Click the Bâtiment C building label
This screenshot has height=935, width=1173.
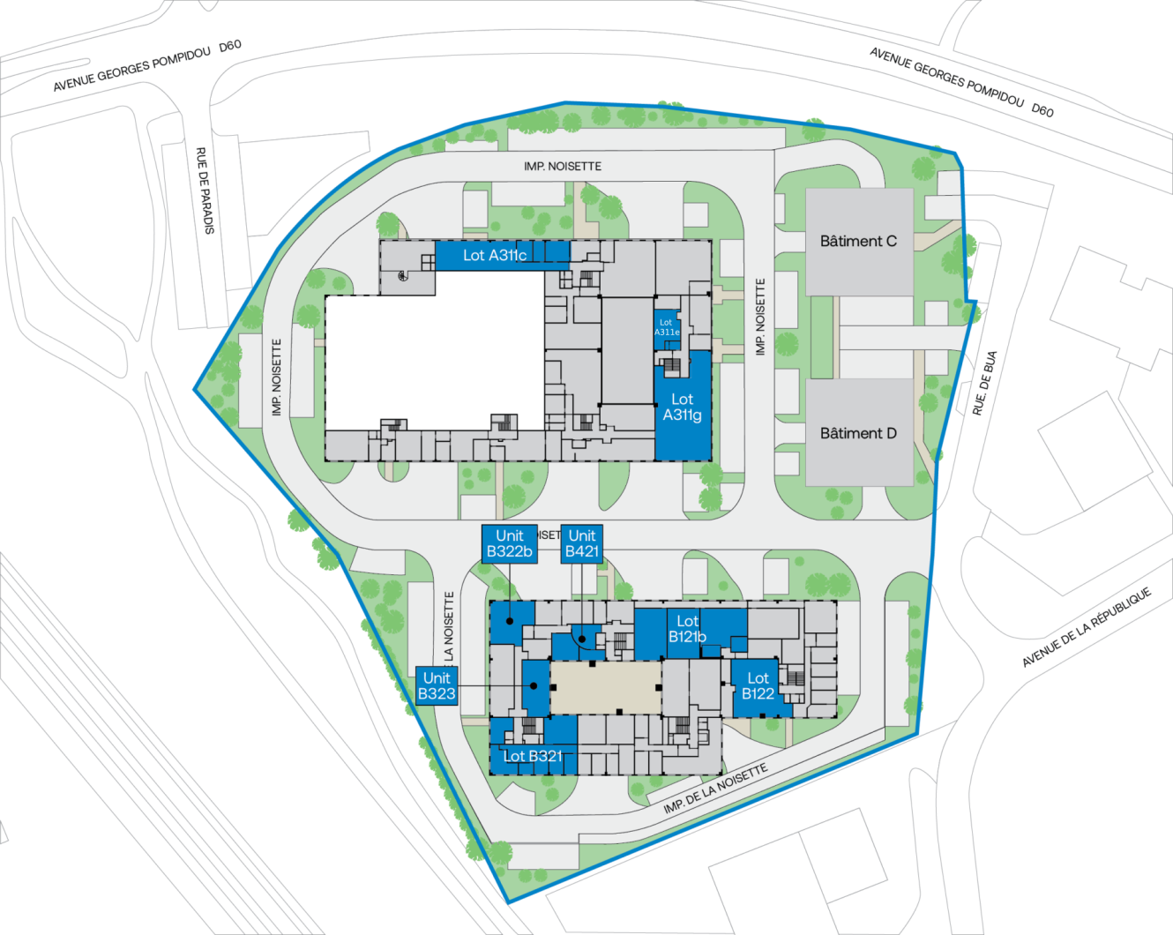858,241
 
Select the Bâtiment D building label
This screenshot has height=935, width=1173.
858,433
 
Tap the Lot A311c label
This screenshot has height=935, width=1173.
495,255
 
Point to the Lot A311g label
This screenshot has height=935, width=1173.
682,408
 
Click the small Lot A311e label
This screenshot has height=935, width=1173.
666,327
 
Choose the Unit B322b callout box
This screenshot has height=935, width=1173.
509,543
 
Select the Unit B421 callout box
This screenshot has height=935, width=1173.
582,543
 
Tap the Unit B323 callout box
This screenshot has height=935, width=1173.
437,685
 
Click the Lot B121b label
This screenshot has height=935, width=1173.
687,629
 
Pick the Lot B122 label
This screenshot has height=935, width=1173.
758,685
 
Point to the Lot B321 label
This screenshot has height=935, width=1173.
532,756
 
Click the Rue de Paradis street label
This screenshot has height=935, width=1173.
204,191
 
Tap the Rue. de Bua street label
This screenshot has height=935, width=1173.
985,383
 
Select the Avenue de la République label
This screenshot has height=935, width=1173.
1087,626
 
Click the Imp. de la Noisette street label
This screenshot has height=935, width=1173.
715,789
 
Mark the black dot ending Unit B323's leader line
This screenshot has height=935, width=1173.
534,685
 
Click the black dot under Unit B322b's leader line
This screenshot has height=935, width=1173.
510,622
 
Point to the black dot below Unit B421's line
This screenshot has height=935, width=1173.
582,639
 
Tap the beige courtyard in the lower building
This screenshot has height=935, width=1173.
605,687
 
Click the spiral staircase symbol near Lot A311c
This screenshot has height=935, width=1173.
403,276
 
